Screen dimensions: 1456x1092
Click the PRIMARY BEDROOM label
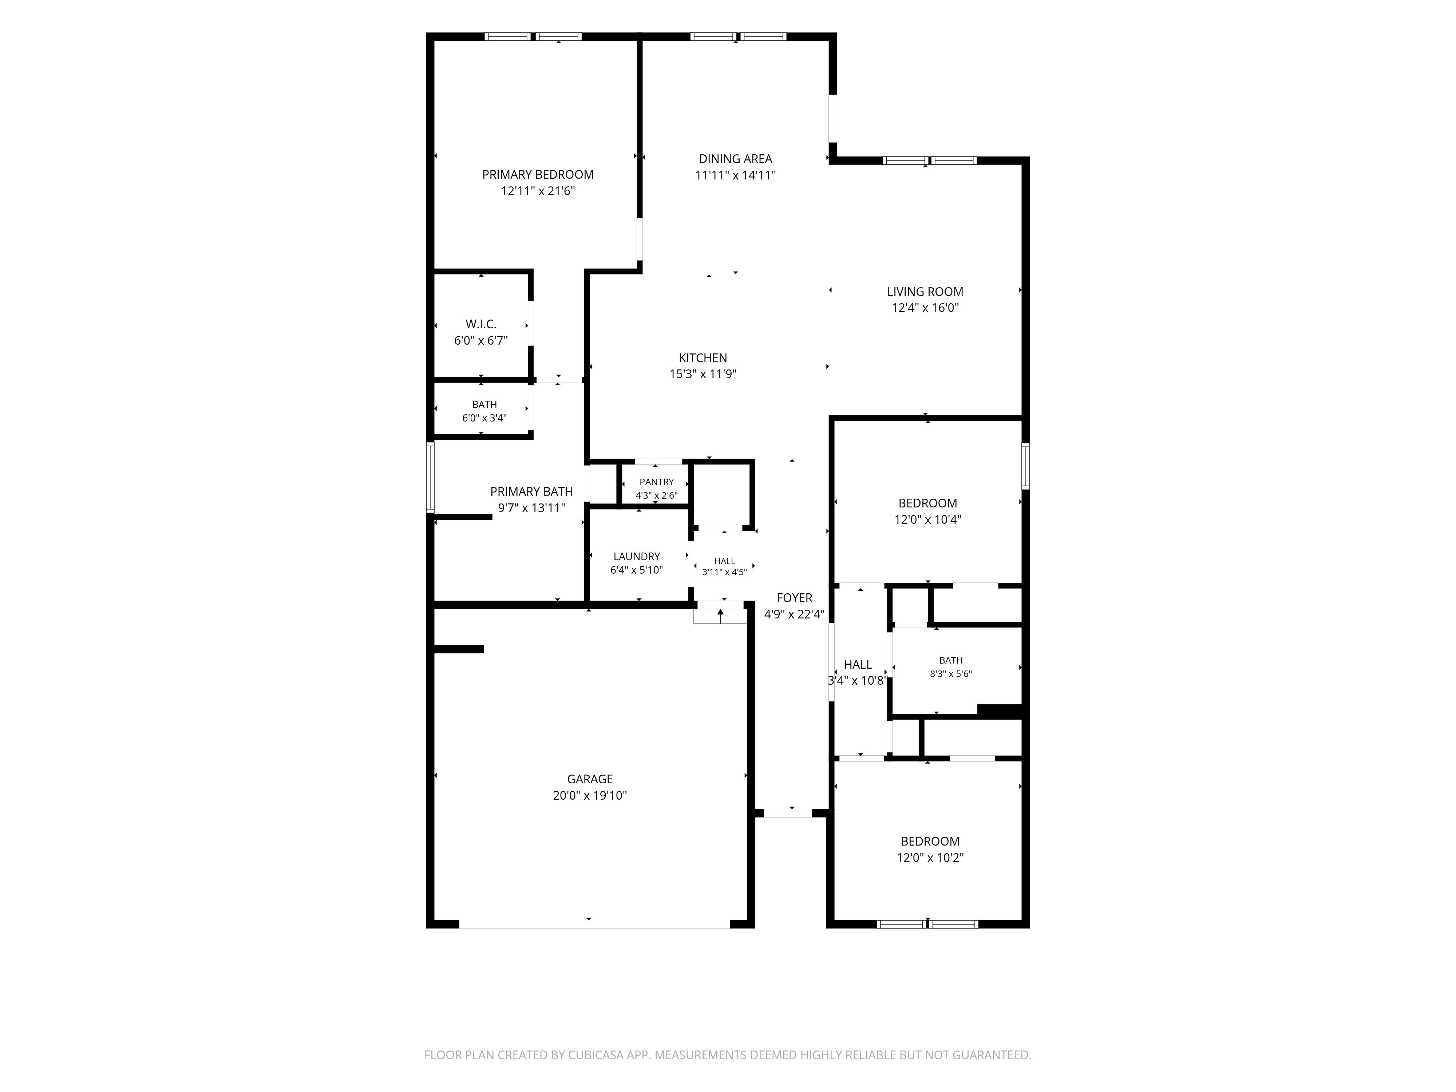point(538,174)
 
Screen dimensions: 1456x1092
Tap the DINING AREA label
point(735,159)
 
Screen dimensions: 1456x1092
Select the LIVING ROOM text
point(925,292)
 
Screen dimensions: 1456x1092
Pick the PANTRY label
point(656,482)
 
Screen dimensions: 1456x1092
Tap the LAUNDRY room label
point(637,556)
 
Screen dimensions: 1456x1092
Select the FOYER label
point(795,598)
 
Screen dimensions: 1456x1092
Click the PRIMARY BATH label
point(531,492)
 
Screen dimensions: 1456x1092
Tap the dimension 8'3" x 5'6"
point(950,674)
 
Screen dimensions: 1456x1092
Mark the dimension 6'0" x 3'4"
point(484,418)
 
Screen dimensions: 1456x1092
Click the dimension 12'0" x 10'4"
point(927,519)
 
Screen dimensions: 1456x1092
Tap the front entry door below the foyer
point(788,813)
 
